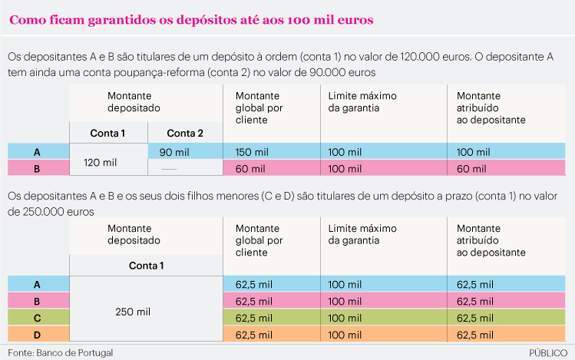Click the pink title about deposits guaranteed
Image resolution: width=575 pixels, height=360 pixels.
[191, 20]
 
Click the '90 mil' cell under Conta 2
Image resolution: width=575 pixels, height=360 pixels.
[173, 152]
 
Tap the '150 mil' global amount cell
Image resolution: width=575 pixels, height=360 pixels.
[249, 152]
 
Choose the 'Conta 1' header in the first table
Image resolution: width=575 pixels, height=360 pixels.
[107, 133]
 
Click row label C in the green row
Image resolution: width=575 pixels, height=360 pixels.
[37, 318]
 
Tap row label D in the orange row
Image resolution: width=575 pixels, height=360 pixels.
[37, 335]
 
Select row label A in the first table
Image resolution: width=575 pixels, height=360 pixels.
[37, 152]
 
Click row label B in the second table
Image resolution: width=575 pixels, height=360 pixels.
[37, 301]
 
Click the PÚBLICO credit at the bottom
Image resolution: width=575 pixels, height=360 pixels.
[548, 352]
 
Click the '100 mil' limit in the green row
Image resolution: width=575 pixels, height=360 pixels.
[345, 318]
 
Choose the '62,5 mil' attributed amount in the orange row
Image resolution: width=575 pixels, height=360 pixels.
[476, 335]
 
